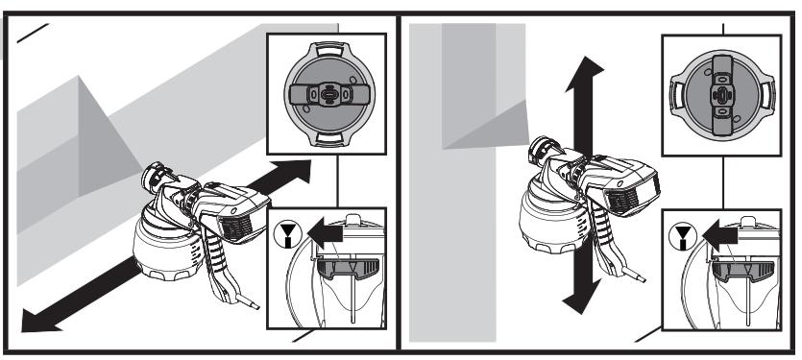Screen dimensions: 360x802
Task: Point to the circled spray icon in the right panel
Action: pos(681,233)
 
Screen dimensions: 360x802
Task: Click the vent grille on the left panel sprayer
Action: pos(234,225)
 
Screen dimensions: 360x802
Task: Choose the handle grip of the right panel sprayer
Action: pos(608,240)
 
